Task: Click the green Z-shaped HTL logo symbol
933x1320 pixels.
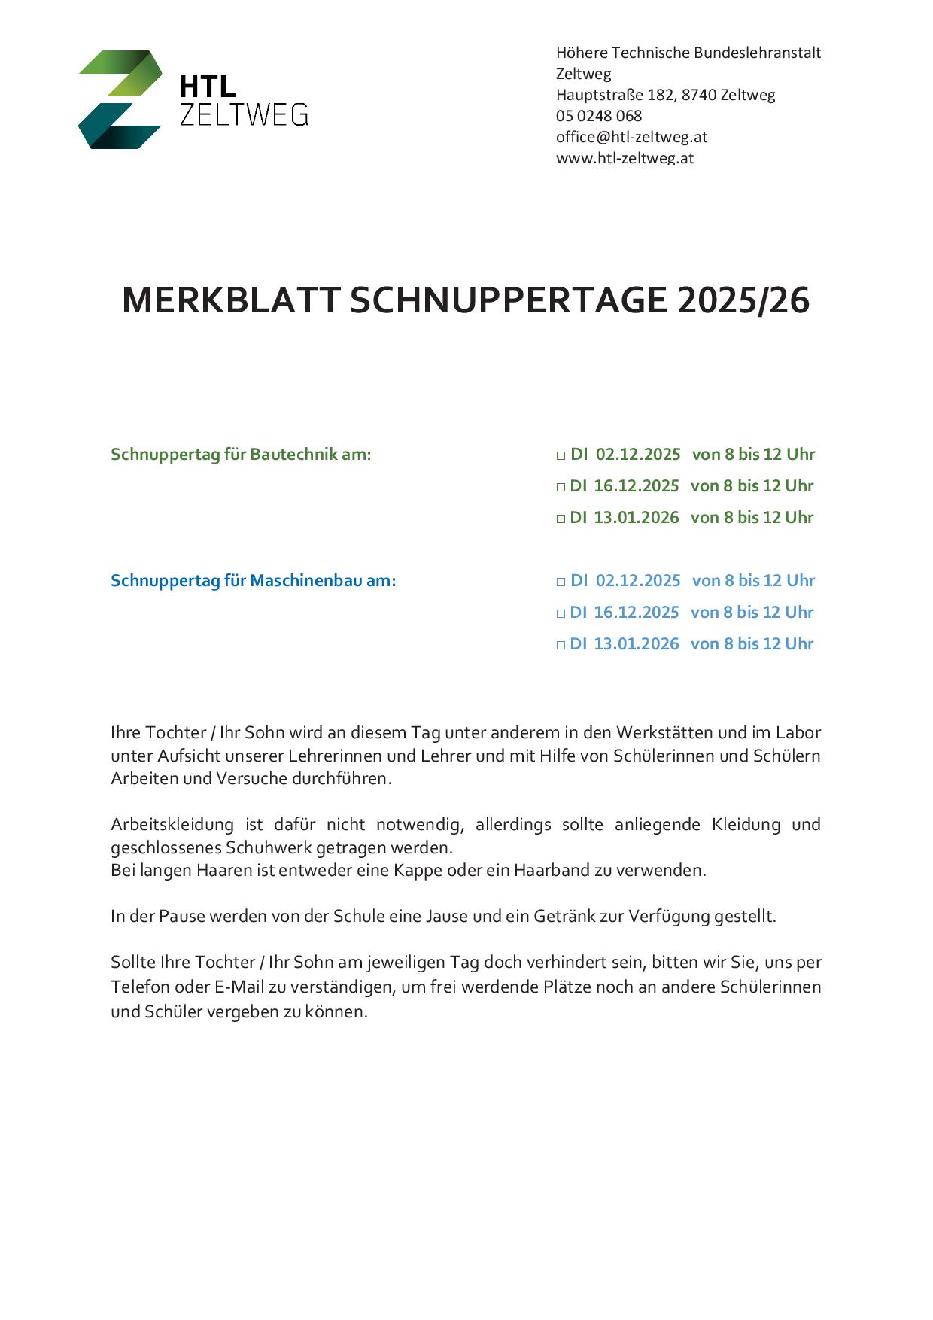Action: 120,99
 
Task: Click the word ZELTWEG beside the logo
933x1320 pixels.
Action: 244,114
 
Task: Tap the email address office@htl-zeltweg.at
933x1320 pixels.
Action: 631,137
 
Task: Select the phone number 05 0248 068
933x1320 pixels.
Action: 599,116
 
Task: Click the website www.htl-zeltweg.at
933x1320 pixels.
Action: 625,158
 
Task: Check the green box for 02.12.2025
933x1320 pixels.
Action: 561,455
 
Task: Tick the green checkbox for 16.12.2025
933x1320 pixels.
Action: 561,487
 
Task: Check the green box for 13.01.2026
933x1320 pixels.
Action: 561,519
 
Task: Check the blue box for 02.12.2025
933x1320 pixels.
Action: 561,582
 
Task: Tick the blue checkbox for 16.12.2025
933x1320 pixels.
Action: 561,613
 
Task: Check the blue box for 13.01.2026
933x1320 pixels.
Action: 561,645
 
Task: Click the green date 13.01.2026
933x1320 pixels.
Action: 637,518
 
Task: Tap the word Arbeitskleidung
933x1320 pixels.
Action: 172,824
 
